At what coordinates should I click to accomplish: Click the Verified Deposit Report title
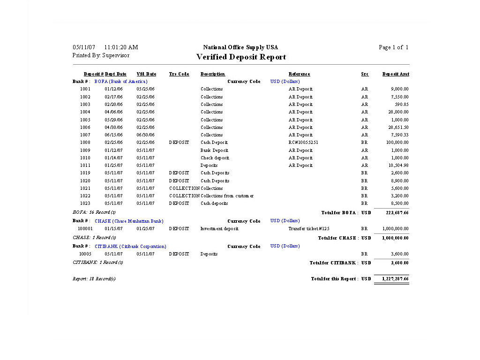click(x=241, y=57)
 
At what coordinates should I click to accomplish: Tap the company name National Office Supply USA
click(x=240, y=47)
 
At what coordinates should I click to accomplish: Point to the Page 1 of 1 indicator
click(x=393, y=47)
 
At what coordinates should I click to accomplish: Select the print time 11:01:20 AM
click(x=121, y=47)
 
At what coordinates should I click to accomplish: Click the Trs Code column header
click(x=179, y=74)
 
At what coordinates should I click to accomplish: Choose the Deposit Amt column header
click(x=396, y=74)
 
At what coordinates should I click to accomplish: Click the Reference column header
click(x=299, y=74)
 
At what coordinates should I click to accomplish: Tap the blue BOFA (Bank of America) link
click(x=121, y=82)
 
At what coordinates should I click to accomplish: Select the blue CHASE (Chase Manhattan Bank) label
click(x=129, y=221)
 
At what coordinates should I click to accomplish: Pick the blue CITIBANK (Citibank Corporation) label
click(x=130, y=247)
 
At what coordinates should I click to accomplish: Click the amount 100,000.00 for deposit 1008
click(x=397, y=142)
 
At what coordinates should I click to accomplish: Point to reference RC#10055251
click(x=303, y=142)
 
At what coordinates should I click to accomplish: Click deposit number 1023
click(x=85, y=203)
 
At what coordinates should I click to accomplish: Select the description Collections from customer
click(x=227, y=196)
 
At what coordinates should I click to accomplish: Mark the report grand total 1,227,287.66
click(x=395, y=279)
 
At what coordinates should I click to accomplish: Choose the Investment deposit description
click(x=219, y=229)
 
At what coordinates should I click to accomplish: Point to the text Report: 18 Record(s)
click(x=94, y=279)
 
